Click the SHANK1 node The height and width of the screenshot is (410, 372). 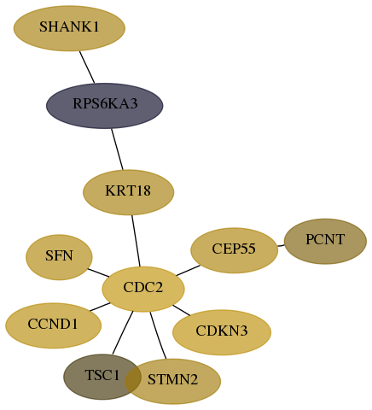69,28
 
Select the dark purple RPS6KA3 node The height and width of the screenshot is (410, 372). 105,106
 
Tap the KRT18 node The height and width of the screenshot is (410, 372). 128,192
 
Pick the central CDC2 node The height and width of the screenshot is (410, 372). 143,290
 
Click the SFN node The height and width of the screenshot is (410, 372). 59,257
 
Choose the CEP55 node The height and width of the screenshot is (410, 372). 234,250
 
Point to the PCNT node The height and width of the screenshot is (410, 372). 325,242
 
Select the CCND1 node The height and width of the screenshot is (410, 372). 54,325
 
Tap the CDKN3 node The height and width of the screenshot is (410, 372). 222,332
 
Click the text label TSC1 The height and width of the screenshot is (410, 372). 102,375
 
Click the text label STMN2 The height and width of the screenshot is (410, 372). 172,379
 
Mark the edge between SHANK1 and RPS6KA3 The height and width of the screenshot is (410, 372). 87,67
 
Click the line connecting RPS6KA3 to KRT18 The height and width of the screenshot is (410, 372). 117,149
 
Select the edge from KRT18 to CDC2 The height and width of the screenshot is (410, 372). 136,241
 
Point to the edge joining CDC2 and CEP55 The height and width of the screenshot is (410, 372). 188,271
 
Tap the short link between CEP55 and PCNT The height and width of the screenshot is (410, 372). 281,245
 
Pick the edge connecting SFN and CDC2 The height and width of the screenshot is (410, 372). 98,272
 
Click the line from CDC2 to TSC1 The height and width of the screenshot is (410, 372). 123,333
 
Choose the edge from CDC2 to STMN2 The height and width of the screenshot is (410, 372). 158,336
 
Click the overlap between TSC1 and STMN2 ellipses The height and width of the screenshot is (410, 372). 133,377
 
